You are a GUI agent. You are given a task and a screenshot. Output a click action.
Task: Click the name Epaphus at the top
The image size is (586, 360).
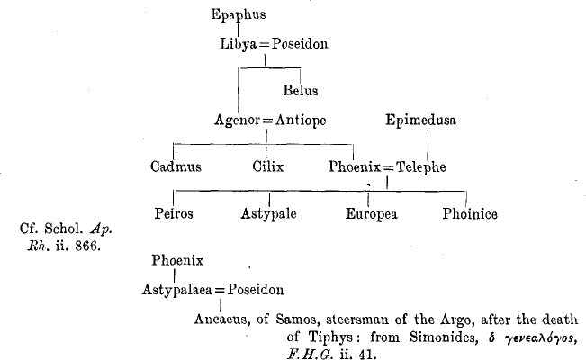[239, 14]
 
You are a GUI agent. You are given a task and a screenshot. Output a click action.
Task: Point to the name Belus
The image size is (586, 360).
[301, 90]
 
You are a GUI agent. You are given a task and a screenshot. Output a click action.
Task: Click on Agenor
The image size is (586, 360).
[237, 121]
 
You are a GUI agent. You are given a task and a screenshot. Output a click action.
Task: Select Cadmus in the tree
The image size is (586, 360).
[176, 166]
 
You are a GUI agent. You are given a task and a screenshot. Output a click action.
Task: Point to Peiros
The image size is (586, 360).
[175, 214]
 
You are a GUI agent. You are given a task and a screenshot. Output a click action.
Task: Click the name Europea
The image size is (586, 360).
[372, 214]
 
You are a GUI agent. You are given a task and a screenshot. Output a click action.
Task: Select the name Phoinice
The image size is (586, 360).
[470, 214]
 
